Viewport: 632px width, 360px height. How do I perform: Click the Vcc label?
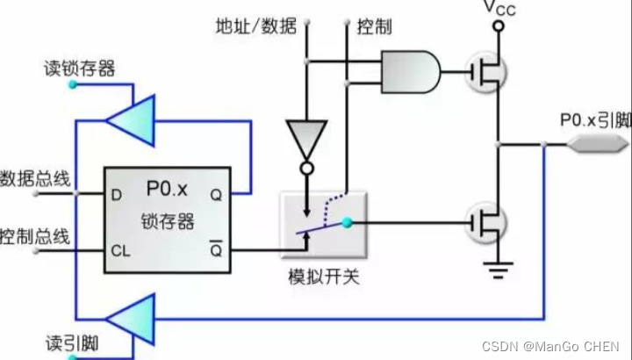[x=499, y=8]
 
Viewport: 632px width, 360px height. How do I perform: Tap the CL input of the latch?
[x=120, y=250]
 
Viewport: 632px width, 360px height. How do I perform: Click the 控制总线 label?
[x=35, y=237]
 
